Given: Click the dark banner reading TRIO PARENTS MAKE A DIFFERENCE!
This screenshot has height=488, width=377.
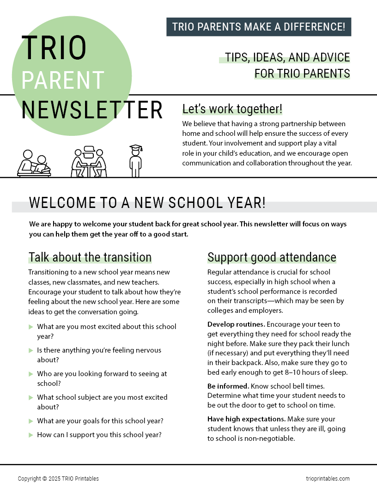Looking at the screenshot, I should tap(259, 27).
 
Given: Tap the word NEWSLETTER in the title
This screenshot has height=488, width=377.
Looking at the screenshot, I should tap(92, 110).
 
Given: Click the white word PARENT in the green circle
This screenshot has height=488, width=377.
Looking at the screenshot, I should tap(63, 80).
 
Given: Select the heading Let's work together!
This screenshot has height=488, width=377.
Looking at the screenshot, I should tap(232, 109).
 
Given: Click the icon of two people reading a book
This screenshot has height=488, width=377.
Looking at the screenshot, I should tap(34, 164).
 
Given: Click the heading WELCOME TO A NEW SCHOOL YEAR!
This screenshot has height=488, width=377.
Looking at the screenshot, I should tap(147, 203).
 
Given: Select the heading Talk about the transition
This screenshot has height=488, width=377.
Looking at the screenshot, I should tap(90, 257).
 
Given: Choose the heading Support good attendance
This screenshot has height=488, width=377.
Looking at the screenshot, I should tap(272, 257).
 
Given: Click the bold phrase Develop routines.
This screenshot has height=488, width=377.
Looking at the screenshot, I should tap(236, 324).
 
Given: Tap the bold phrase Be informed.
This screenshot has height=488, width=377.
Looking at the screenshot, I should tap(228, 385).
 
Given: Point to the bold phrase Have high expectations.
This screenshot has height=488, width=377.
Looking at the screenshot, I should tap(246, 419).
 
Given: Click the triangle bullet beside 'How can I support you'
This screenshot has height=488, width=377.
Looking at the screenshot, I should tap(31, 435).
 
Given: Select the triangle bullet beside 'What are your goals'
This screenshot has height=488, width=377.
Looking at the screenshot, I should tap(31, 421).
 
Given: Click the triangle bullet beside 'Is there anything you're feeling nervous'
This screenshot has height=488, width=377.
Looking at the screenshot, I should tap(31, 350).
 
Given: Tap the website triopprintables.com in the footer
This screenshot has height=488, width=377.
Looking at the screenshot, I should tap(328, 479).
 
